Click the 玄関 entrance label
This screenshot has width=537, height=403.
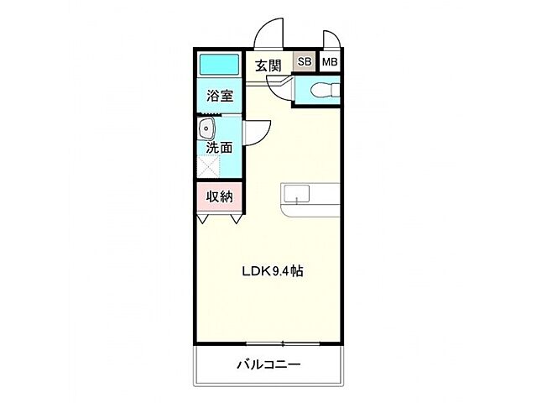coord(268,64)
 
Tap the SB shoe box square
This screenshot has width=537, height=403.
coord(303,61)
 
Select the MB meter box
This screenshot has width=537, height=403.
coord(330,61)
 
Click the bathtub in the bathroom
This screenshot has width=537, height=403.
coord(220,65)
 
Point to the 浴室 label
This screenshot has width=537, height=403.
coord(220,96)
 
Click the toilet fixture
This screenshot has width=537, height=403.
coord(323,90)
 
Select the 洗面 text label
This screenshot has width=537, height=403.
coord(220,146)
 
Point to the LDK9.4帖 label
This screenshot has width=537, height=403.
coord(272,271)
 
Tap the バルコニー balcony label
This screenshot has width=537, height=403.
coord(268,364)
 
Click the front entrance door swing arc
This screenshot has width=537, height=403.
coord(269,34)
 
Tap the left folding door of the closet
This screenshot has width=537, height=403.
coord(204,218)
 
